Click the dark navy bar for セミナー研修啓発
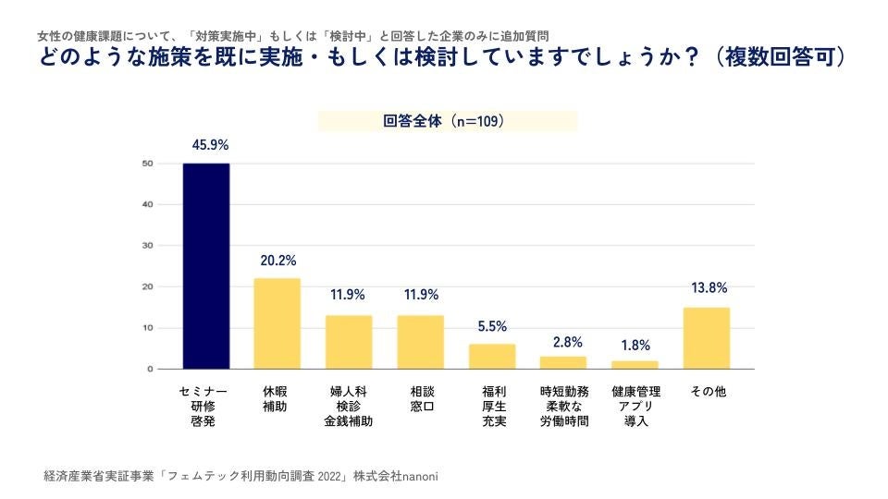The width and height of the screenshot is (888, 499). click(205, 266)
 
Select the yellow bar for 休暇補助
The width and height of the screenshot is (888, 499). click(277, 323)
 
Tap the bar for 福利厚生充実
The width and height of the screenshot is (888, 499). click(492, 357)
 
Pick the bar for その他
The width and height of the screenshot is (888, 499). click(707, 338)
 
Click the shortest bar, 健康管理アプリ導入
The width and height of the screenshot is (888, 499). click(635, 365)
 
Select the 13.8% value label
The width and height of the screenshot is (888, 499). click(708, 289)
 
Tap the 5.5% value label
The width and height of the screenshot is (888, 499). click(492, 326)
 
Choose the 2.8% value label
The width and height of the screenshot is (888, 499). click(564, 342)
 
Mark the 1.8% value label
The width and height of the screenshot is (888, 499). click(635, 347)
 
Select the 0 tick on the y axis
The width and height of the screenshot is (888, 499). click(149, 369)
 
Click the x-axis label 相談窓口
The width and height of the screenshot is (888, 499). click(421, 399)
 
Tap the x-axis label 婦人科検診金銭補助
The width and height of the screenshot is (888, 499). click(349, 407)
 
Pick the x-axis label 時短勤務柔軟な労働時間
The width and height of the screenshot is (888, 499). click(564, 407)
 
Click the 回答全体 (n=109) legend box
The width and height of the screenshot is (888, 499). click(448, 121)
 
